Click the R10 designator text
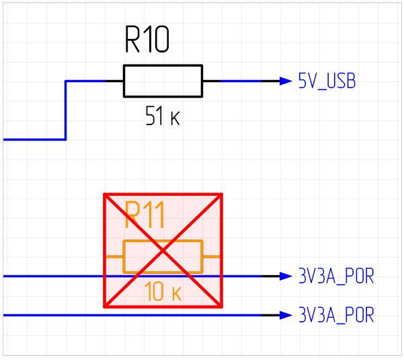coord(147,41)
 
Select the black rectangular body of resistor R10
coord(163,81)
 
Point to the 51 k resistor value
coord(162,118)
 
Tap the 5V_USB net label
coord(327,81)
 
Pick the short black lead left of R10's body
coord(114,81)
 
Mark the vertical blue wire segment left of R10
coord(65,110)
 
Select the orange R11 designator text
coord(145,216)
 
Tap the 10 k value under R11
coord(163,293)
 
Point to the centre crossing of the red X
coord(163,250)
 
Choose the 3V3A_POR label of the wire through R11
coord(335,276)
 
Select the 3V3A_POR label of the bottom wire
coord(335,315)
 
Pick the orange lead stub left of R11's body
coord(114,256)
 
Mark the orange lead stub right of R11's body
coord(212,256)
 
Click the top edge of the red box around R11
coord(163,194)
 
